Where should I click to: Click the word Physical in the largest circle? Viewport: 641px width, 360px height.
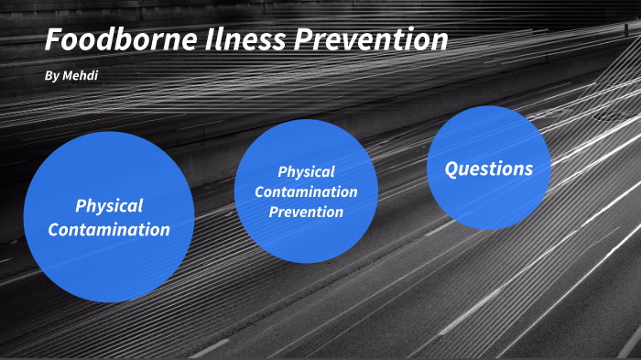coord(109,206)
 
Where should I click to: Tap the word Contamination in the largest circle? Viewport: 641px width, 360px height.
coord(109,230)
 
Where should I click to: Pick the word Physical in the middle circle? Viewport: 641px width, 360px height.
coord(306,171)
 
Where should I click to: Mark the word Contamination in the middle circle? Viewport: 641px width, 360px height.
coord(306,191)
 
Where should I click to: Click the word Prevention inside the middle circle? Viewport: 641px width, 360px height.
coord(306,212)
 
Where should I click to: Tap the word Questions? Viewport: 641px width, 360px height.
coord(488,169)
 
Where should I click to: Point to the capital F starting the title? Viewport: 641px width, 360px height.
coord(53,40)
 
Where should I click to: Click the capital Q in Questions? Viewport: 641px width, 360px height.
coord(451,169)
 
